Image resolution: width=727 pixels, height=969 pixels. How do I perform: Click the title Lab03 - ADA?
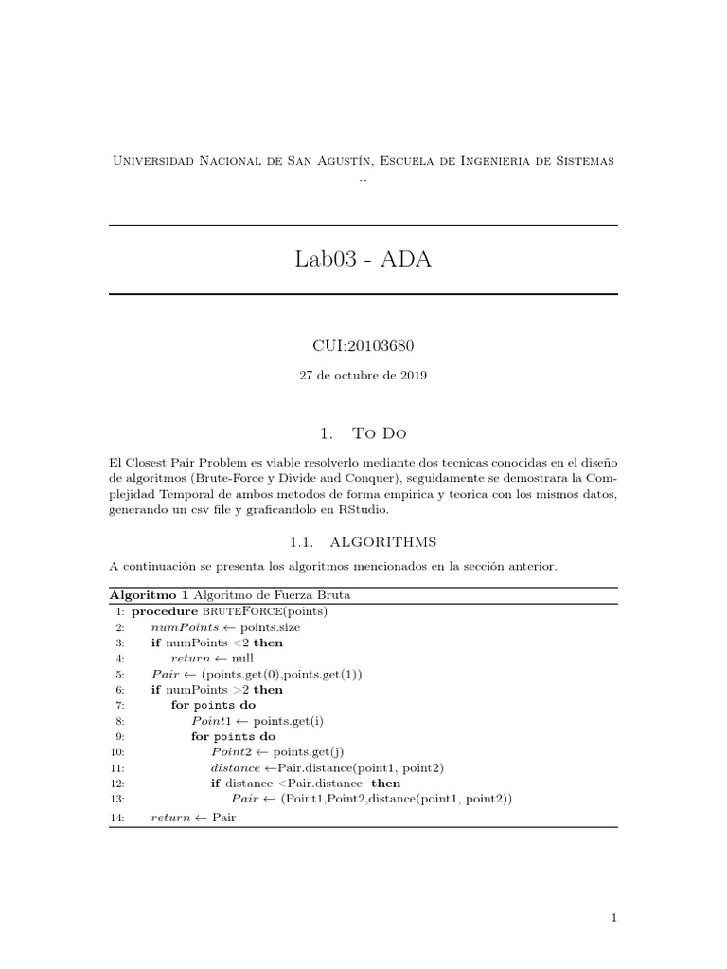click(x=363, y=259)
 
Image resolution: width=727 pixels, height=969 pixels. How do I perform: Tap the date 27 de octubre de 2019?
click(x=363, y=375)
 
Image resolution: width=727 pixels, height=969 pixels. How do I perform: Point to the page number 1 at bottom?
click(x=614, y=917)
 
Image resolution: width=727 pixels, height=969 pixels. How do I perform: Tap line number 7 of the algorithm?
click(x=120, y=705)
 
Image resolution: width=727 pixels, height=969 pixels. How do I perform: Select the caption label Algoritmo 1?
click(x=149, y=595)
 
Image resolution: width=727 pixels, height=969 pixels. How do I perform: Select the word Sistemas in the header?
click(x=581, y=161)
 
